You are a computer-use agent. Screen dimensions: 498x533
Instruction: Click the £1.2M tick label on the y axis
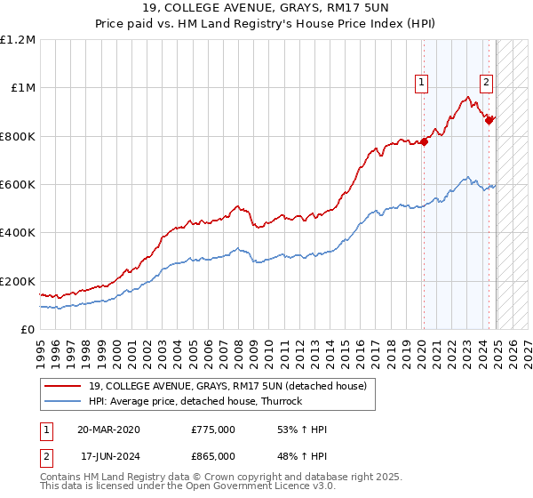18,39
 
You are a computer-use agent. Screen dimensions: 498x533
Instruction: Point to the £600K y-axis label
18,184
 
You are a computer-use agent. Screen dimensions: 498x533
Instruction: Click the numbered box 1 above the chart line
421,83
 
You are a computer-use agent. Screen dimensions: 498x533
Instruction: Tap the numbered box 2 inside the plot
487,83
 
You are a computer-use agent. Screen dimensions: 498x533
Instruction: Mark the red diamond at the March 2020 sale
424,141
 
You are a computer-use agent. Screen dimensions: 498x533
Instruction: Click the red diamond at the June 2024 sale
489,120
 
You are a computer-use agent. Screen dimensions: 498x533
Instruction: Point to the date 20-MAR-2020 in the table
108,430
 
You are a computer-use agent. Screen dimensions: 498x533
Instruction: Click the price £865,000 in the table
213,458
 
